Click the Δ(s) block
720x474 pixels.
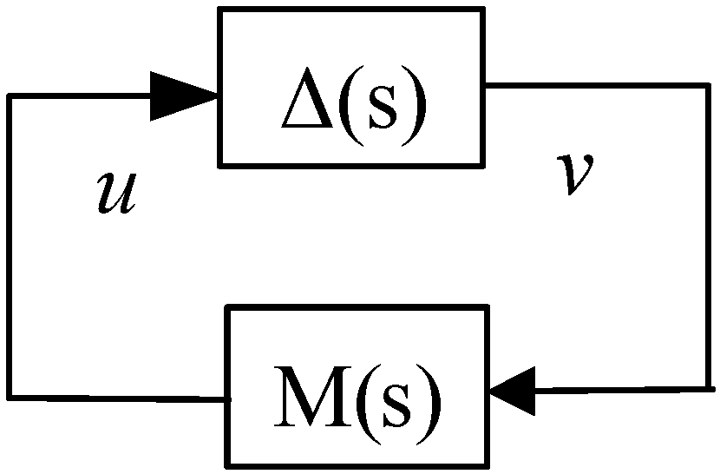pyautogui.click(x=350, y=86)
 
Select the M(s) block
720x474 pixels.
pyautogui.click(x=358, y=385)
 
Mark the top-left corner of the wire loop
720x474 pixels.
pyautogui.click(x=10, y=95)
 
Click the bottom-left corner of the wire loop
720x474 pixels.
pyautogui.click(x=10, y=397)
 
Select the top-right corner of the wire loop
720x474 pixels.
pyautogui.click(x=709, y=86)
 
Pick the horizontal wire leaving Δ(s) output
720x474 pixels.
pyautogui.click(x=599, y=86)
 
